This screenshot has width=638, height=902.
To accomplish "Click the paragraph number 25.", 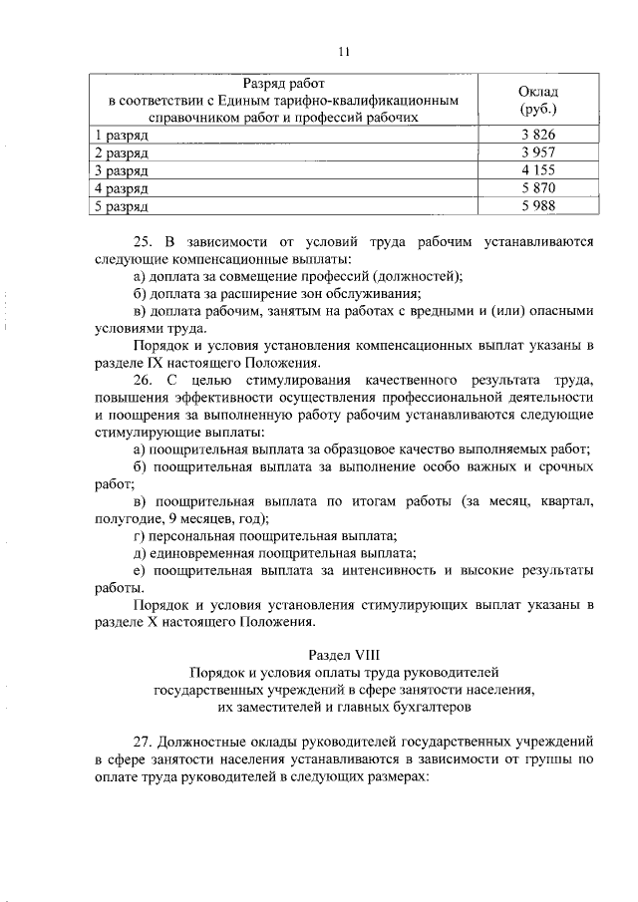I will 142,241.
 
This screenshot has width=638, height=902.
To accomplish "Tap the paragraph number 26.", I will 142,380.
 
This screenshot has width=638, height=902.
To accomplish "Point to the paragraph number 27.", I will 142,742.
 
